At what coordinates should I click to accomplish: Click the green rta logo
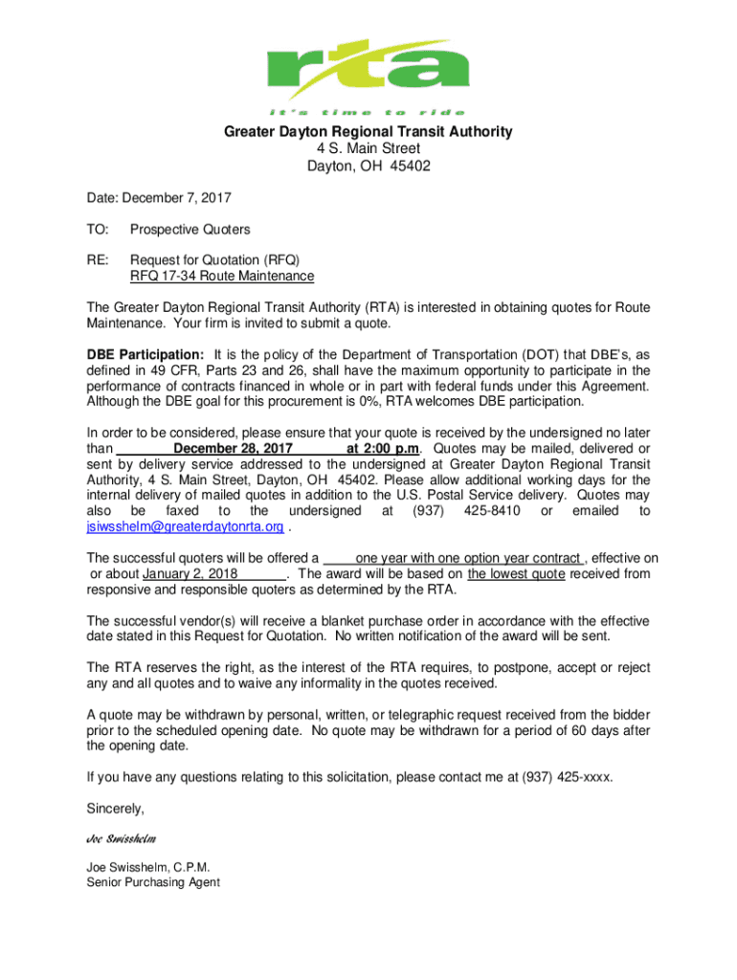coord(369,66)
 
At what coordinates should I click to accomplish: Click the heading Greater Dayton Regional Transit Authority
coord(368,132)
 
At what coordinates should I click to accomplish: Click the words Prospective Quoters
coord(190,230)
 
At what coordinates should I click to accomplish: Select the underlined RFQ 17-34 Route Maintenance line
coord(221,277)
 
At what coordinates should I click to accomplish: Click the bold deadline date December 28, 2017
coord(233,448)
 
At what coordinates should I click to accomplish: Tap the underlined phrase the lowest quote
coord(518,574)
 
